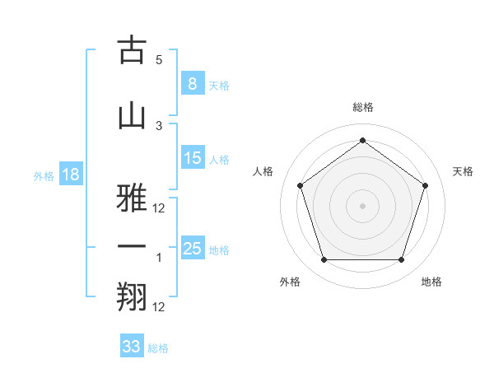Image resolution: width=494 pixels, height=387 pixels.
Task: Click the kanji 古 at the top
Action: (132, 51)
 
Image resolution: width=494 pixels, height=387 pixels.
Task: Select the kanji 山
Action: (132, 116)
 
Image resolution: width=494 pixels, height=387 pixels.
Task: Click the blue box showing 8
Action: (192, 83)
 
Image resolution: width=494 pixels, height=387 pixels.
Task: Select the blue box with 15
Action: (192, 158)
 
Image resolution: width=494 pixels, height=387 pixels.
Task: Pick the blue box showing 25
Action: (192, 249)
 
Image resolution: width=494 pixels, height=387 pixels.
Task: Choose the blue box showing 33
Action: (132, 347)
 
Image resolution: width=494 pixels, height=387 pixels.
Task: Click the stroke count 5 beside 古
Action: (159, 60)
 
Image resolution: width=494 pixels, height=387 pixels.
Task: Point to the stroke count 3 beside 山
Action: (159, 125)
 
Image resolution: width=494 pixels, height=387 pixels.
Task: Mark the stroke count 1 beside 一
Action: (159, 257)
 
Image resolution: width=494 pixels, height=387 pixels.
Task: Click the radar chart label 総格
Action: (363, 107)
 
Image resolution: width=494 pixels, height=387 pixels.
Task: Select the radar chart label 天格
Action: (464, 171)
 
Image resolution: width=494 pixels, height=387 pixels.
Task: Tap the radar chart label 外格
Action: (290, 282)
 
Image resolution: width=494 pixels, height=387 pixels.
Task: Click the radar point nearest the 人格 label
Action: (300, 185)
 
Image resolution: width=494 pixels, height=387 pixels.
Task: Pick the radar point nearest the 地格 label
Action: (401, 260)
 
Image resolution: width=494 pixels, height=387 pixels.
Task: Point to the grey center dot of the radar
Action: (362, 205)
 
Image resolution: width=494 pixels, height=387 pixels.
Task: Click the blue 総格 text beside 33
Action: (158, 348)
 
